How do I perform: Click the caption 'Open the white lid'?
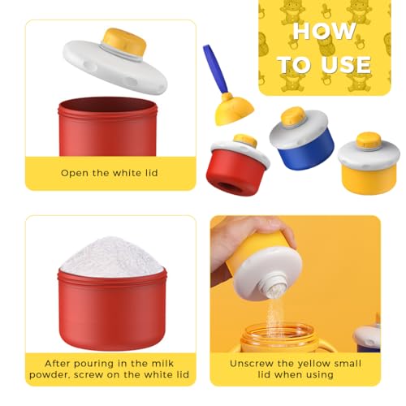[x=110, y=172]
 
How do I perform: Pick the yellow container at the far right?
[x=368, y=166]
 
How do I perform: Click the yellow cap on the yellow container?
[x=369, y=140]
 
